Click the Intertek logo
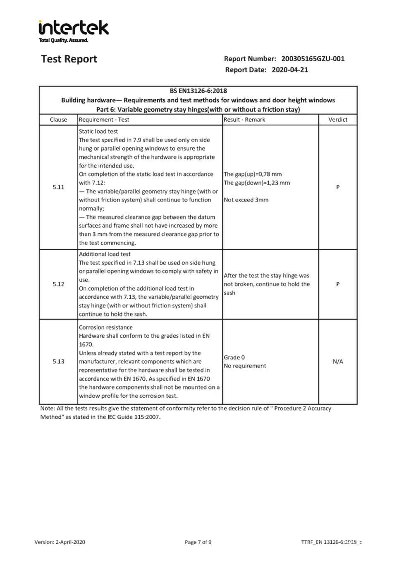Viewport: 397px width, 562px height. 74,30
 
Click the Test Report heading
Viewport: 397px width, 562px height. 69,59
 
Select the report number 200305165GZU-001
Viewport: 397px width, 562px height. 313,59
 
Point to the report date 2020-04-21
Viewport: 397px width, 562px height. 289,70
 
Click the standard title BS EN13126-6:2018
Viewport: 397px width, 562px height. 198,91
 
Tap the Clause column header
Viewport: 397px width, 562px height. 58,120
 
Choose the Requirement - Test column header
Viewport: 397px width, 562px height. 104,120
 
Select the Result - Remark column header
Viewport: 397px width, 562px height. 244,120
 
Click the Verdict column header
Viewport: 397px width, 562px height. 338,120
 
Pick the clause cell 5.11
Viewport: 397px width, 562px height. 58,187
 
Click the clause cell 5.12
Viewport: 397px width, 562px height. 58,284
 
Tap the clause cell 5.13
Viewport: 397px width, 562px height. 58,362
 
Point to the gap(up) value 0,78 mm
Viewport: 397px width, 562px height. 270,174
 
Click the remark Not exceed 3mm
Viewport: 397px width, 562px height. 246,200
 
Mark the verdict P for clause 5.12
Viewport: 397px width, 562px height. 338,284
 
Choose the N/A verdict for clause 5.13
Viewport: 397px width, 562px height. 338,362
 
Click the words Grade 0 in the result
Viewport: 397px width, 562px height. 234,358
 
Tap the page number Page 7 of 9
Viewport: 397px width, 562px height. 198,542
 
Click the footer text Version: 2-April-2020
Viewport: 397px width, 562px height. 60,542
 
